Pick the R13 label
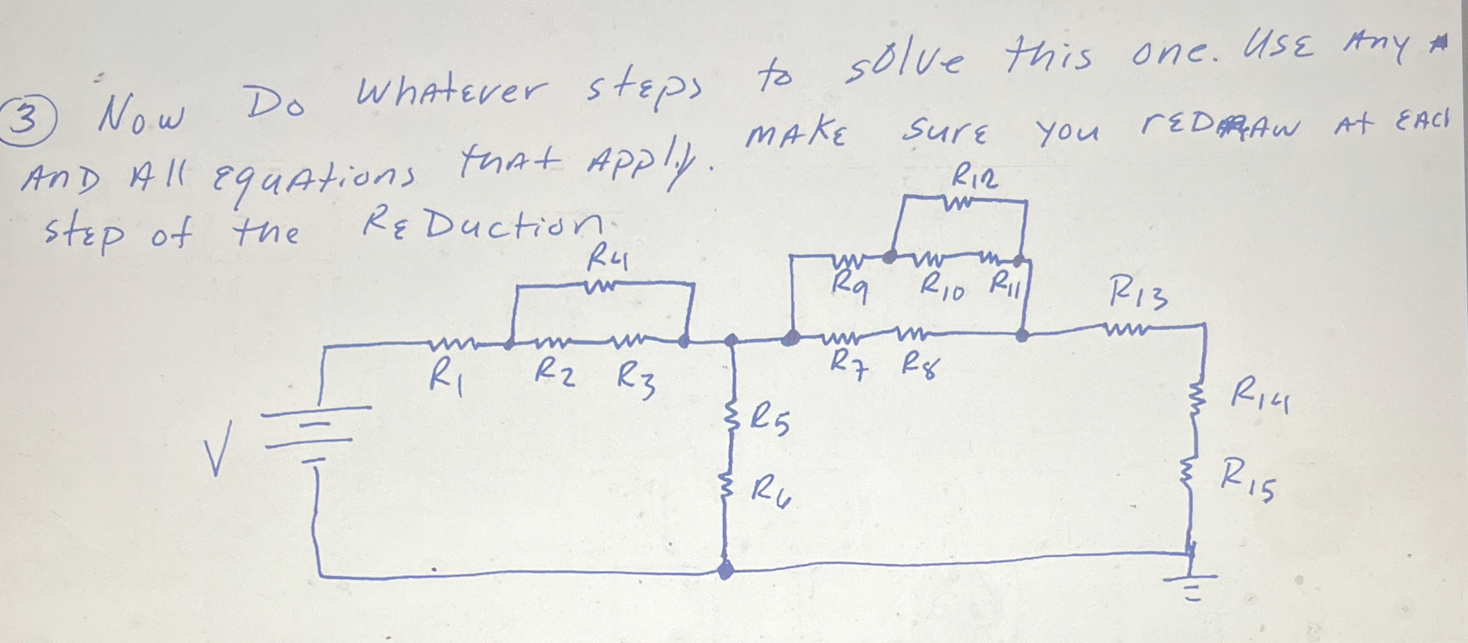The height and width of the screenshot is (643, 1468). [x=1139, y=295]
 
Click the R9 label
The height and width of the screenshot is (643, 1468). [x=850, y=288]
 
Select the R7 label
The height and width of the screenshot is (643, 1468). [x=848, y=365]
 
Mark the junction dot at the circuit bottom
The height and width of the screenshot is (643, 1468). [x=725, y=570]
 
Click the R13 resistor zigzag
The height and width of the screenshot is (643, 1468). [x=1127, y=330]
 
